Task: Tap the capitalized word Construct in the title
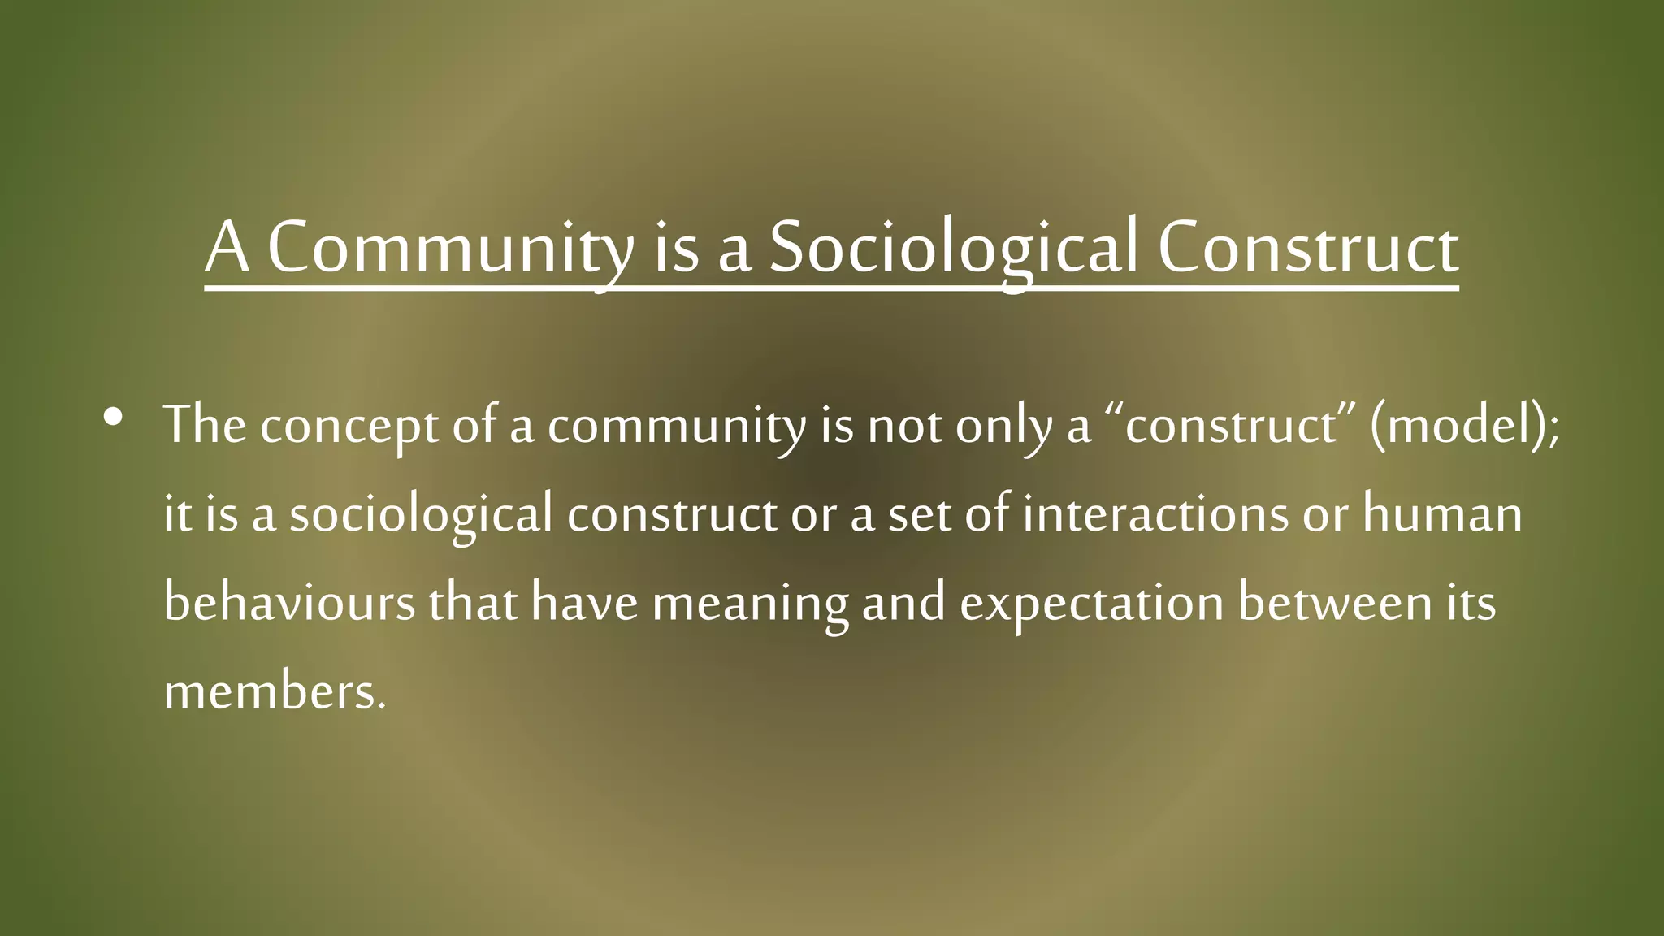pos(1307,248)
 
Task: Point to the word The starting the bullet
pos(205,425)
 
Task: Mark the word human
pos(1442,514)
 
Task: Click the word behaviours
pos(289,603)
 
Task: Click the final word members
pos(275,692)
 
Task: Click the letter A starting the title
pos(227,248)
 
